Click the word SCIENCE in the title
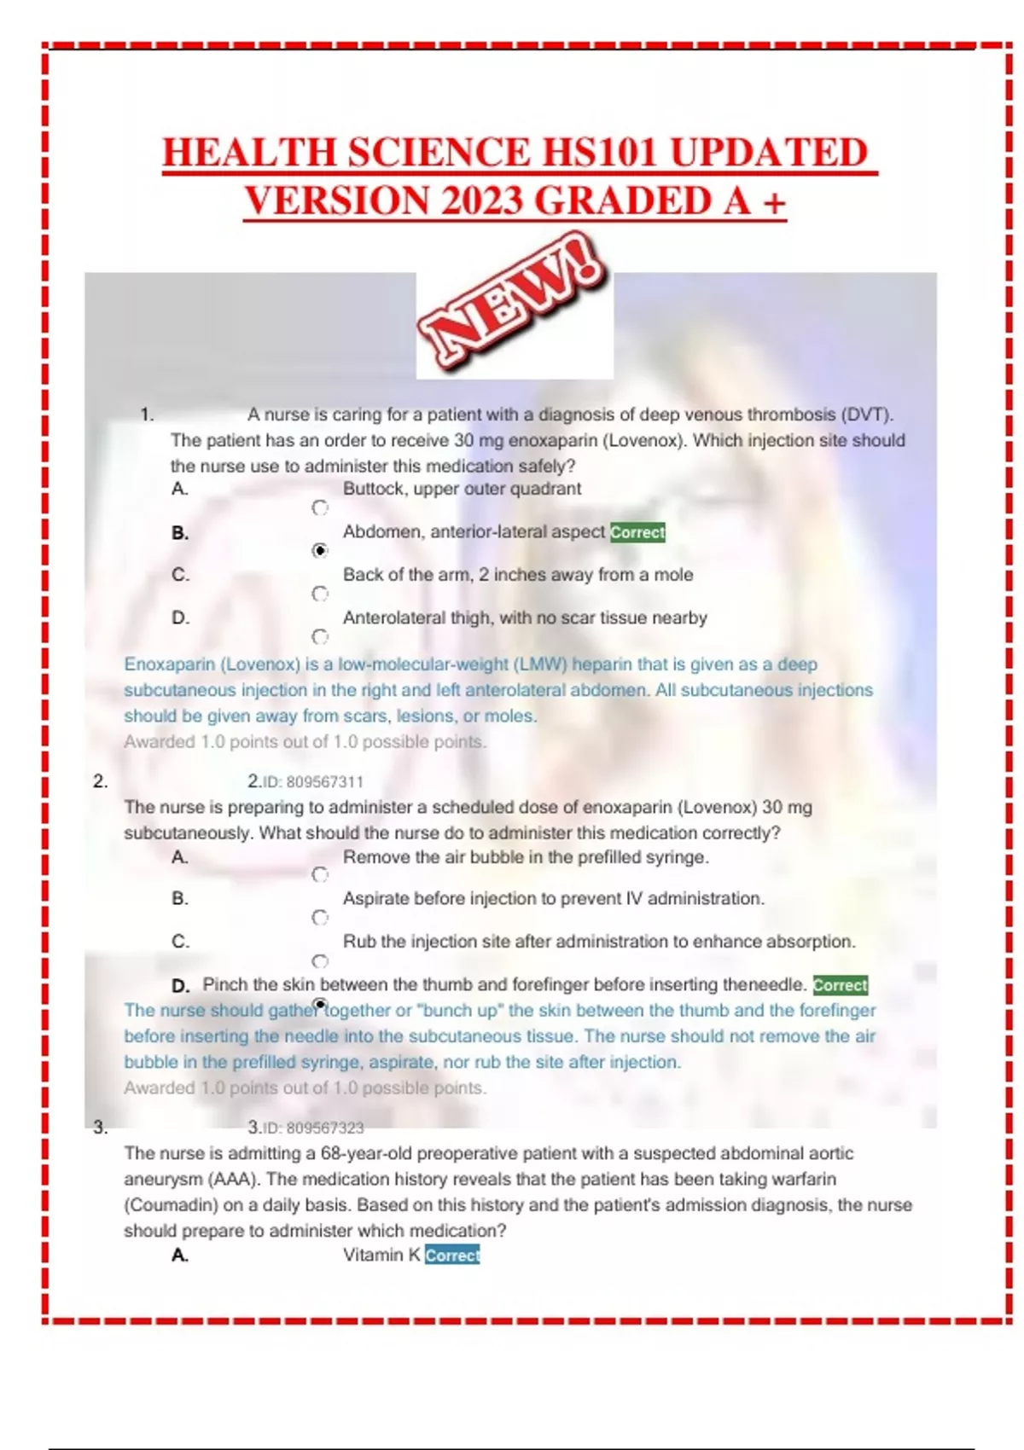click(438, 154)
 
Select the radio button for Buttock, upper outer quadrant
click(320, 508)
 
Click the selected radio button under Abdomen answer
click(320, 551)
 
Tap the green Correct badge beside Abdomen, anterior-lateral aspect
click(637, 532)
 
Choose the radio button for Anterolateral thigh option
click(320, 637)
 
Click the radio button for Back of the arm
click(320, 594)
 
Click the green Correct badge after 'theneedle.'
click(840, 985)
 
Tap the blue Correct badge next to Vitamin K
click(452, 1256)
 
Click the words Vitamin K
click(381, 1256)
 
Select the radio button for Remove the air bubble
click(320, 875)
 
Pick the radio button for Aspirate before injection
click(320, 918)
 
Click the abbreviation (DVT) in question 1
click(867, 415)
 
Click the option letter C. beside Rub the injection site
click(180, 942)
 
